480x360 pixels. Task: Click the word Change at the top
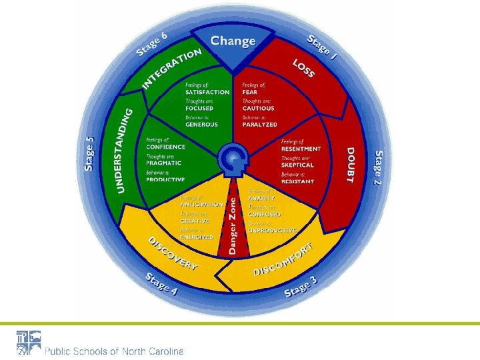tap(233, 41)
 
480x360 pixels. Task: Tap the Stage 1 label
tap(322, 48)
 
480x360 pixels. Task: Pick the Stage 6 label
tap(151, 43)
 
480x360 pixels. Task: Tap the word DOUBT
tap(351, 165)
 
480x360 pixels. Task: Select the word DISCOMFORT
tap(283, 261)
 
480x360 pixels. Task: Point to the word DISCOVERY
tap(173, 253)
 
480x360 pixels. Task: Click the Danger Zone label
tap(233, 223)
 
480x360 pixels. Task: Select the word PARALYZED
tap(259, 124)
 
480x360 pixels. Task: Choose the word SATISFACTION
tap(207, 92)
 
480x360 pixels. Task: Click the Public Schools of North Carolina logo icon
tap(28, 341)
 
